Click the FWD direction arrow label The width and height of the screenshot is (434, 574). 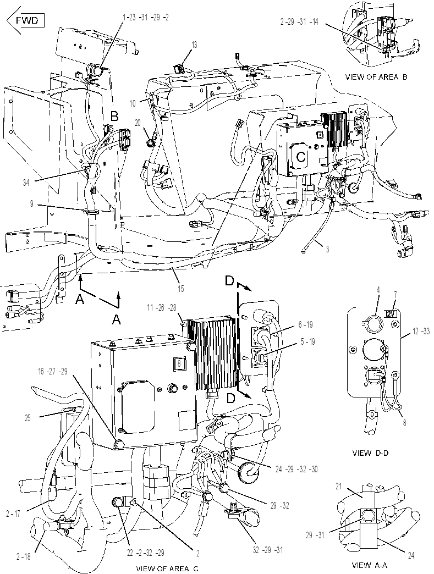[26, 20]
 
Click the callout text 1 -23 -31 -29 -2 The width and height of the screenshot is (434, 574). [146, 17]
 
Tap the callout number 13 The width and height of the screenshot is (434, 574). [194, 45]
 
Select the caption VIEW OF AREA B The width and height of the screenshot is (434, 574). [376, 77]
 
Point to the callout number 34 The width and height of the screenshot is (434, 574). [26, 182]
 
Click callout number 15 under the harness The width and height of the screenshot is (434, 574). [180, 289]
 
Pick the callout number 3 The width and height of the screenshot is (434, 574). [327, 250]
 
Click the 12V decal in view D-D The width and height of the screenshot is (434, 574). [391, 314]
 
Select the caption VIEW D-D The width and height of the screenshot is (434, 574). [370, 453]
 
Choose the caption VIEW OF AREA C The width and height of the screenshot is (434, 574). [167, 569]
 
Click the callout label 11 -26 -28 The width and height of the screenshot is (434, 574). [162, 308]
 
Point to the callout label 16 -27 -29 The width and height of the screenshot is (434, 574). [53, 372]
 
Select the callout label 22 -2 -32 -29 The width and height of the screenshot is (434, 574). [145, 553]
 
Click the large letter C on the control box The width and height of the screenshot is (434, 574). [301, 157]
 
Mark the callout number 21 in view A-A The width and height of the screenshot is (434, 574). [339, 487]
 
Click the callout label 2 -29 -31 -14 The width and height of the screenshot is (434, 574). [299, 22]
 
